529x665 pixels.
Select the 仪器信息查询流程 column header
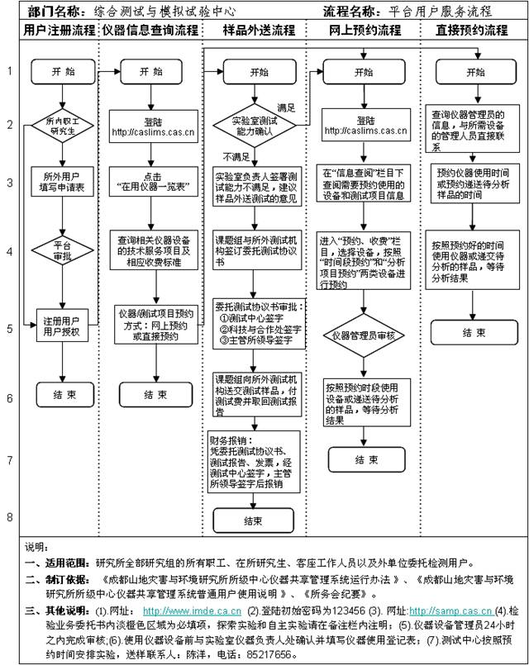tap(150, 31)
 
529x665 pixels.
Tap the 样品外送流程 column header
tap(254, 31)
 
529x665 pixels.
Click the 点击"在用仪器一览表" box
tap(150, 183)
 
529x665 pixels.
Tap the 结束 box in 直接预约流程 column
tap(474, 332)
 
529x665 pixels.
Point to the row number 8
tap(10, 517)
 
